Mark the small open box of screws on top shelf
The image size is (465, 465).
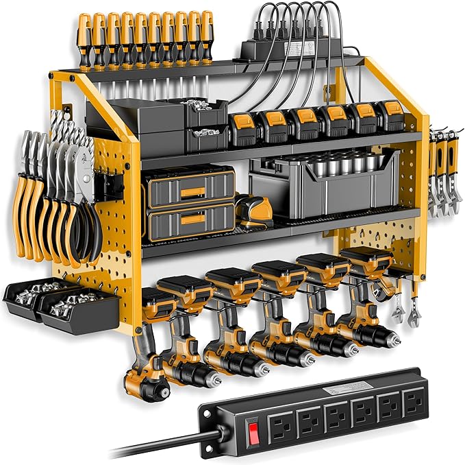click(x=205, y=110)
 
